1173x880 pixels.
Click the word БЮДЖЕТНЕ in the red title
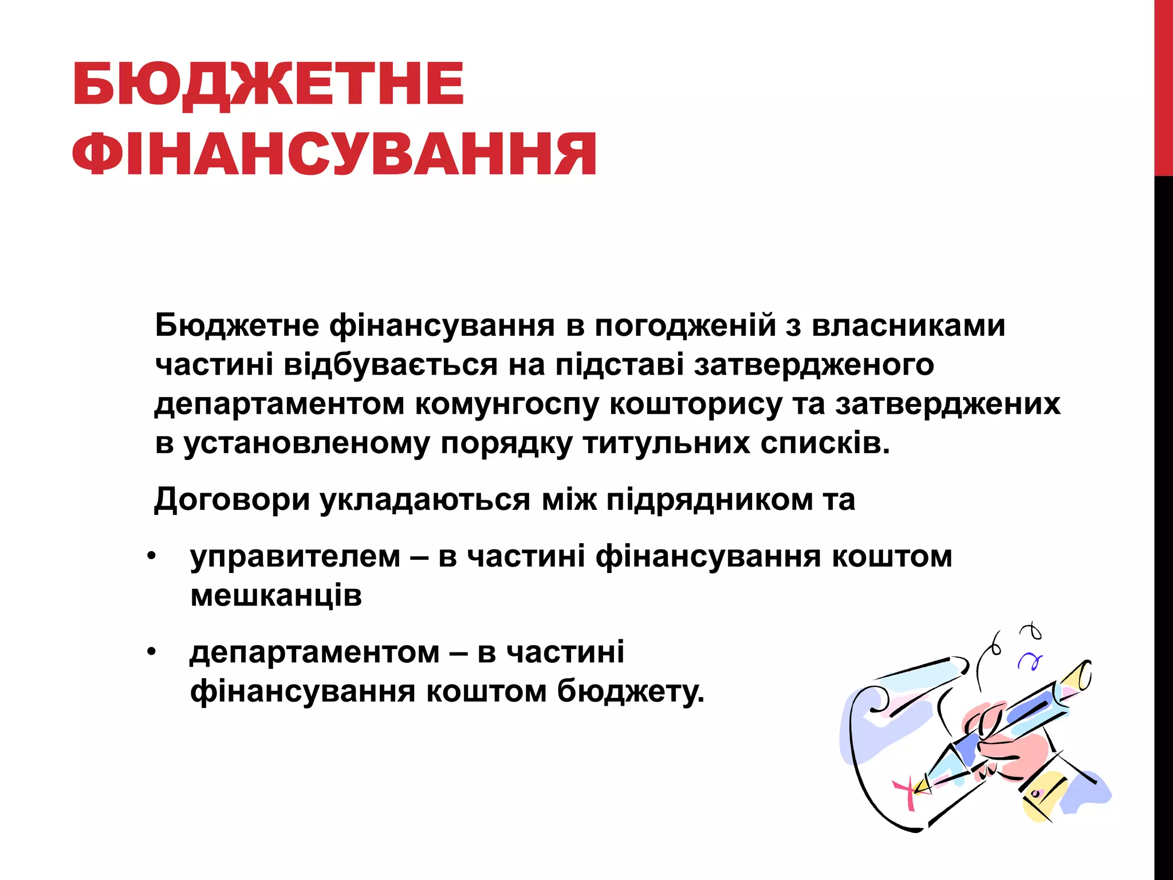pos(268,85)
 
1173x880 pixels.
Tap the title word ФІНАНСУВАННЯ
pos(334,154)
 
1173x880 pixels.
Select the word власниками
pos(908,325)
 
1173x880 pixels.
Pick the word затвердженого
pos(814,366)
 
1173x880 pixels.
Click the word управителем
pos(295,557)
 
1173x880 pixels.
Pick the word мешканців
pos(276,596)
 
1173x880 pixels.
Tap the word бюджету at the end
pos(630,692)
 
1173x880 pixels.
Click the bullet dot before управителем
pos(151,556)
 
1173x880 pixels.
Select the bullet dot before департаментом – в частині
pos(151,652)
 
